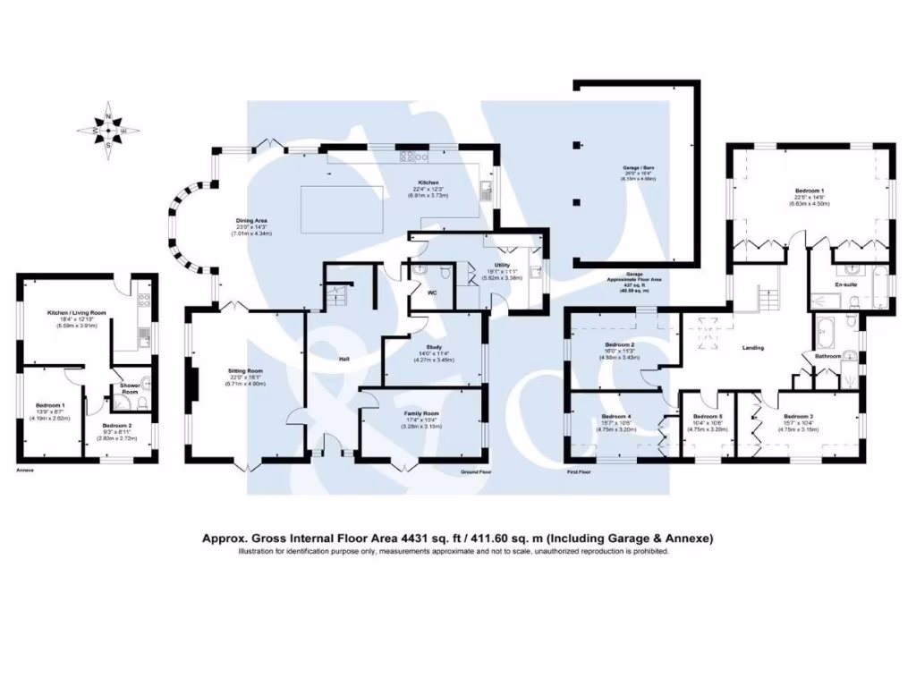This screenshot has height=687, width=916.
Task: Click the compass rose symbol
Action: pyautogui.click(x=108, y=131)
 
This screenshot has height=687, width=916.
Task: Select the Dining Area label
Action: pyautogui.click(x=251, y=220)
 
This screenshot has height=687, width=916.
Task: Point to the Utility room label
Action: pyautogui.click(x=502, y=265)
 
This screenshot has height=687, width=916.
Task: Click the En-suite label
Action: pyautogui.click(x=846, y=285)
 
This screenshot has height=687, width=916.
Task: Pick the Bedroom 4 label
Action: pyautogui.click(x=617, y=417)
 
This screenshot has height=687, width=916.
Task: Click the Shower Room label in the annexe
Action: pyautogui.click(x=129, y=389)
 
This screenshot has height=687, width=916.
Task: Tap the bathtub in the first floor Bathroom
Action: pyautogui.click(x=824, y=335)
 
